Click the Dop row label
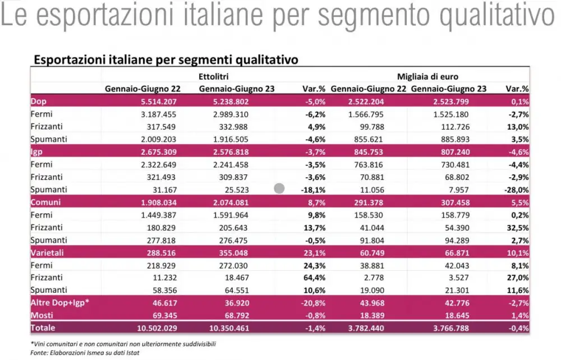point(39,102)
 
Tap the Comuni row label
point(46,202)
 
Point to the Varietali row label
point(48,252)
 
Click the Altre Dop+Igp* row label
point(60,303)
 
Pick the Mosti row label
point(42,316)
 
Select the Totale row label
point(43,329)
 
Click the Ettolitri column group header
point(213,76)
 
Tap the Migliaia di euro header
point(428,76)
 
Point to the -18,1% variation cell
point(314,190)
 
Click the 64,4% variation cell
point(315,278)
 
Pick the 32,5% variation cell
point(518,227)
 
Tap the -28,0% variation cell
point(516,190)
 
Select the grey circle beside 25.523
point(279,189)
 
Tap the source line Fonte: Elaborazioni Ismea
point(77,353)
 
